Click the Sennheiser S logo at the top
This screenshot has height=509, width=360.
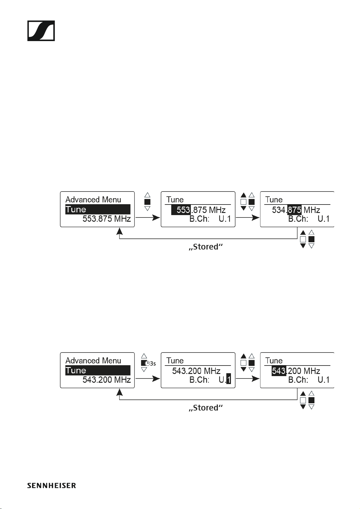(41, 31)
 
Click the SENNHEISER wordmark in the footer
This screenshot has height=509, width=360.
(51, 485)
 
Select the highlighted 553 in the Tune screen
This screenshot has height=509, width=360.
(181, 210)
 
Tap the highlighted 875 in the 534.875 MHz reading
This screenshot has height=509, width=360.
(294, 210)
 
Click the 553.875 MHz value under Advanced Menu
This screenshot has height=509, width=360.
(106, 219)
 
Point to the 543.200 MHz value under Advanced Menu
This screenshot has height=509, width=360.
(106, 380)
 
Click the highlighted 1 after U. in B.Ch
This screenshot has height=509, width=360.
(229, 380)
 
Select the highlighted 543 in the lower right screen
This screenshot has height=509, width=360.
(279, 371)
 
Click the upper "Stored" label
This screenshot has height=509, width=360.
(206, 247)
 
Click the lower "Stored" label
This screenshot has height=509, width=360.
(206, 408)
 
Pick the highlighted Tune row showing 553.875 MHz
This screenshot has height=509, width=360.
(98, 209)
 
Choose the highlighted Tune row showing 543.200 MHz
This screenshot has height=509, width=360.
(98, 370)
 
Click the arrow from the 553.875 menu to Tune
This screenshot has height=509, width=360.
(148, 217)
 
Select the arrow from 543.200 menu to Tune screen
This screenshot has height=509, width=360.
(148, 379)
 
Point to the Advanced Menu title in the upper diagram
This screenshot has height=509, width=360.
(93, 200)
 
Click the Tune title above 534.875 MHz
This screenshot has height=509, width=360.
(274, 200)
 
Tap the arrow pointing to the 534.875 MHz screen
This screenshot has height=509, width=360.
(248, 217)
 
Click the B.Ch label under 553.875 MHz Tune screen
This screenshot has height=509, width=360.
(199, 219)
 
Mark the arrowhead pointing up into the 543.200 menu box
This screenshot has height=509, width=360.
(120, 392)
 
